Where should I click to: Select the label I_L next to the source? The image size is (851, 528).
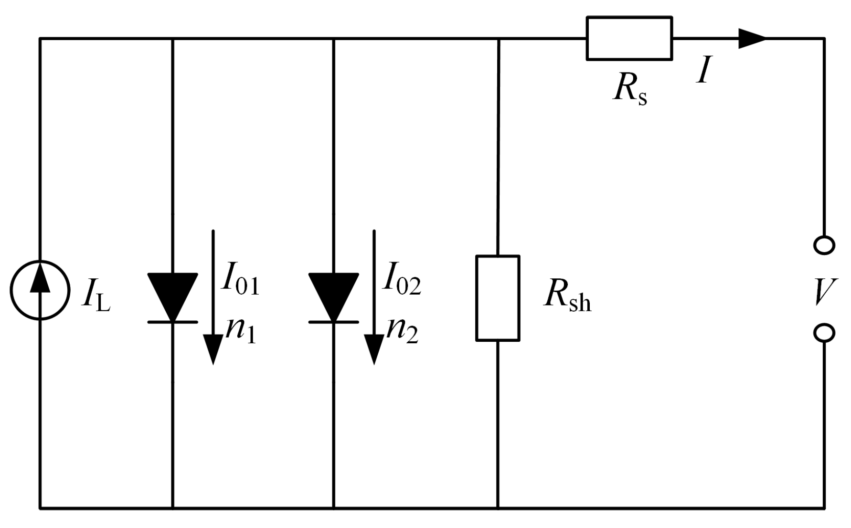(96, 296)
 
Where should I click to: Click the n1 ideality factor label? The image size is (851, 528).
(241, 329)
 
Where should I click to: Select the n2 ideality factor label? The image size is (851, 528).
(402, 329)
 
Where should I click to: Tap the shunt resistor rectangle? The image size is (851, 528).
(498, 298)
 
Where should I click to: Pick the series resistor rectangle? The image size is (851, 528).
(629, 38)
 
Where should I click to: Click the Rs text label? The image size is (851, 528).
(630, 90)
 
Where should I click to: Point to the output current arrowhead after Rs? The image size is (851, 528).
(752, 38)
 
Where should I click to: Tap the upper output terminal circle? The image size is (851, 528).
(824, 245)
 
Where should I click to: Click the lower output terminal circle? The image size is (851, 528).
(824, 333)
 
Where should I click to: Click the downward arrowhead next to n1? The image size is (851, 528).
(213, 348)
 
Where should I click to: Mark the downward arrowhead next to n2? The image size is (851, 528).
(374, 348)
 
